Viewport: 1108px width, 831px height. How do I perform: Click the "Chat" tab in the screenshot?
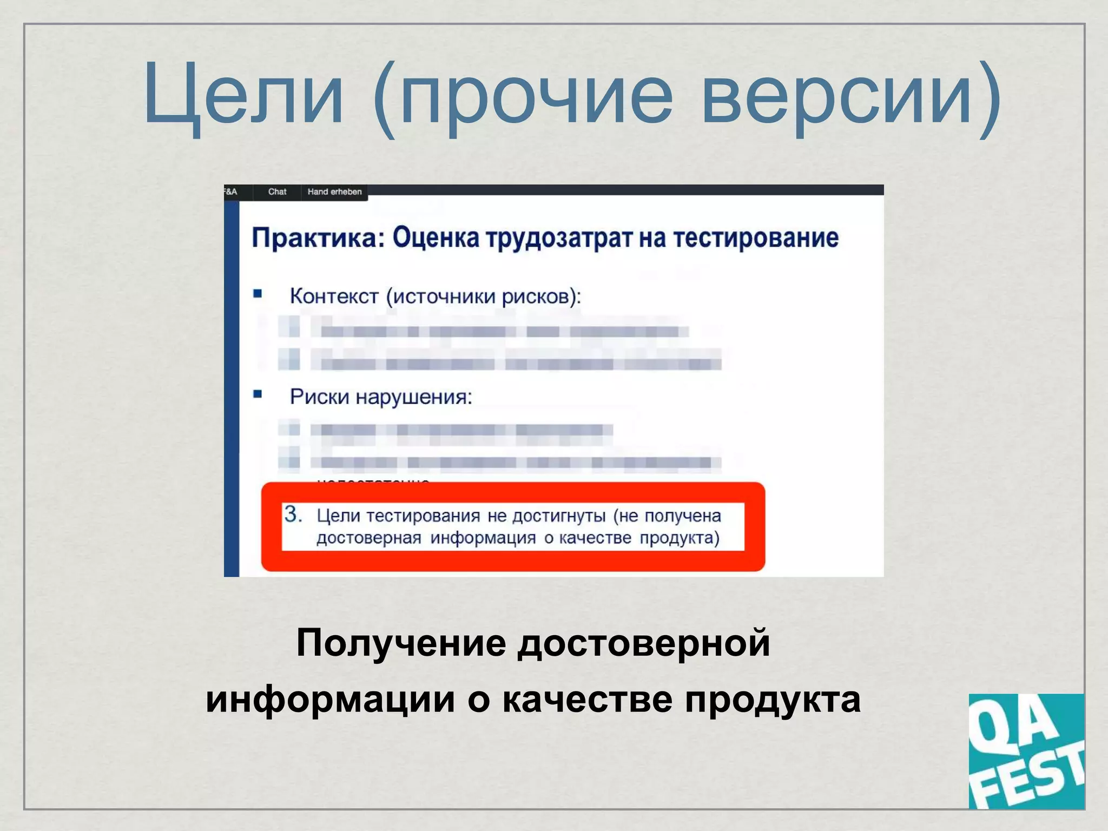point(277,192)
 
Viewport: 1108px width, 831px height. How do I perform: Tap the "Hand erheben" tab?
point(334,192)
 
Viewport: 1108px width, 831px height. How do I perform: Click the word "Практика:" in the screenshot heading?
point(318,238)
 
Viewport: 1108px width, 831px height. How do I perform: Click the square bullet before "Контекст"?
point(258,294)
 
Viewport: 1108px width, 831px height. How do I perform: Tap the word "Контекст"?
point(334,296)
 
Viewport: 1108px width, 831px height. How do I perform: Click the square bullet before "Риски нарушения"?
point(258,394)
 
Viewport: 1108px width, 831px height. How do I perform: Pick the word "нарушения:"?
point(414,398)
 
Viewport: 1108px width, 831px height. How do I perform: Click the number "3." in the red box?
point(293,515)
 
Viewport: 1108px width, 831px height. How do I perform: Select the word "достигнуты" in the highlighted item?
point(558,517)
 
